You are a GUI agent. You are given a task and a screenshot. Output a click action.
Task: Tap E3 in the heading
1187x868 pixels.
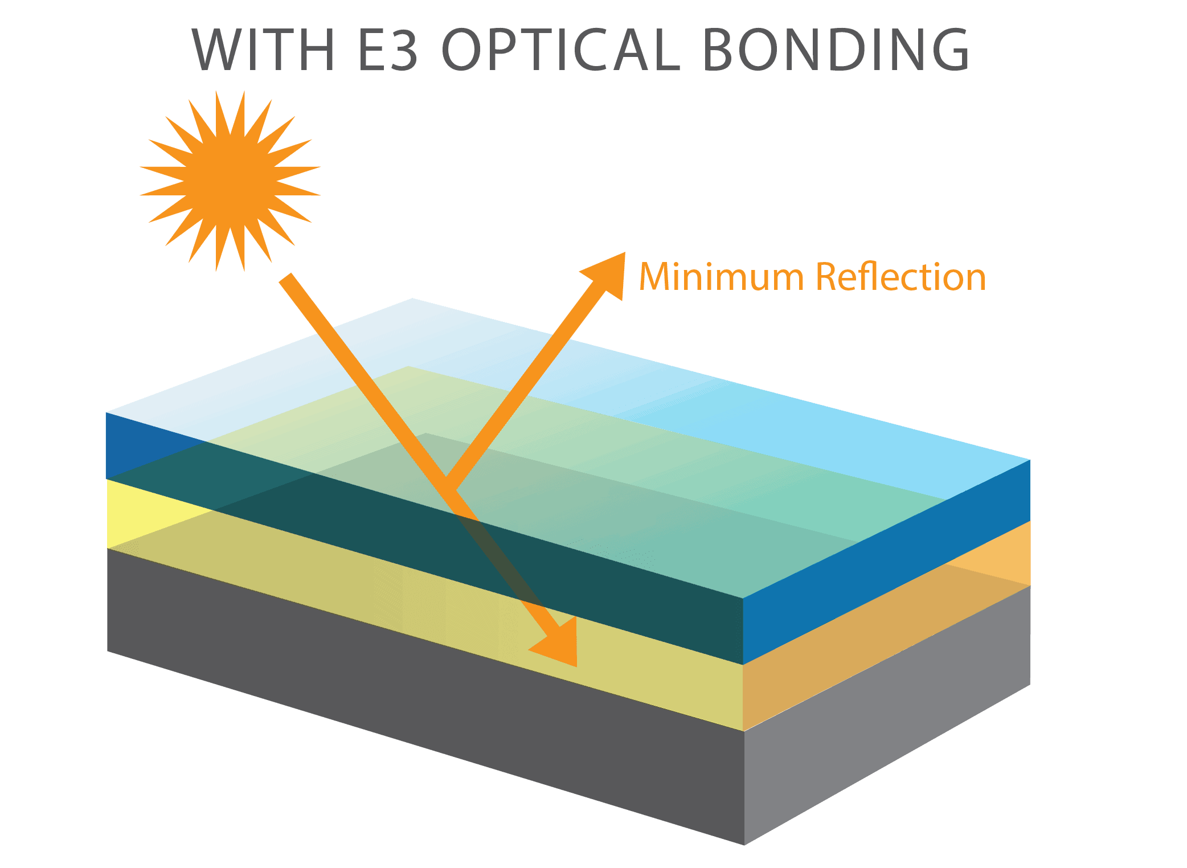click(388, 50)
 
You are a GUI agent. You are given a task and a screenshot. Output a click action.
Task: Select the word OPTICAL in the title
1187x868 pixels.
click(561, 50)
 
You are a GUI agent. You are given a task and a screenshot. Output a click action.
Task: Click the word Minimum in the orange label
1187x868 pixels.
click(721, 277)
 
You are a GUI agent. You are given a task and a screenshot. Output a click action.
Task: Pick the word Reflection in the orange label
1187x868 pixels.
click(900, 277)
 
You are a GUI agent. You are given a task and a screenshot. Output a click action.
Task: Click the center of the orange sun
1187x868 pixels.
click(230, 181)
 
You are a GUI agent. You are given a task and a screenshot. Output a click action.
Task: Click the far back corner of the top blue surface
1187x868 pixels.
click(412, 300)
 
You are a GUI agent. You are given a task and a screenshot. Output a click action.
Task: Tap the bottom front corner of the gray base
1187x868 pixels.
click(744, 843)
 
